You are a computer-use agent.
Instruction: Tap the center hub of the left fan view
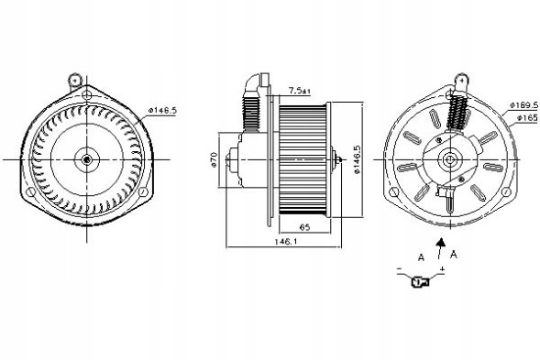[x=86, y=160]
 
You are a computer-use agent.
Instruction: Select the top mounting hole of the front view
[x=86, y=93]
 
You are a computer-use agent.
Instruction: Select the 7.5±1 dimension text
[x=299, y=90]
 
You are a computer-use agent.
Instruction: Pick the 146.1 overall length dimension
[x=286, y=241]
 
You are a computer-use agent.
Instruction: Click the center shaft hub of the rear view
[x=449, y=160]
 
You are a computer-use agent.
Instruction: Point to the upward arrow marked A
[x=443, y=246]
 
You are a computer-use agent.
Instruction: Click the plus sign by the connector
[x=443, y=267]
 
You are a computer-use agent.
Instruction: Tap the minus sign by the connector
[x=400, y=267]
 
